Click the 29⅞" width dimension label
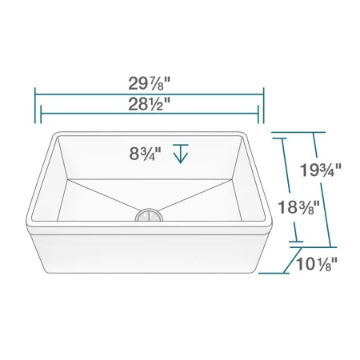click(150, 84)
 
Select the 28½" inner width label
click(150, 104)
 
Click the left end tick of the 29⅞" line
click(34, 103)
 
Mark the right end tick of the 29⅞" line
click(263, 103)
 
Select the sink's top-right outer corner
click(245, 131)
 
